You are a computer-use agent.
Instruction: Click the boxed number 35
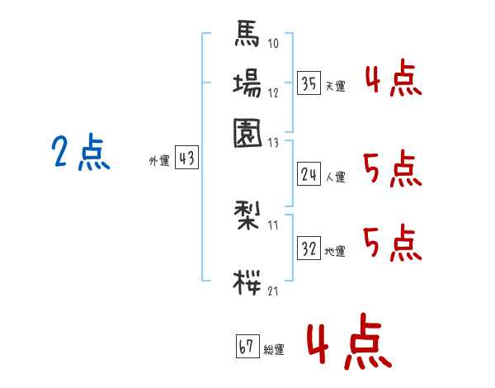pos(309,83)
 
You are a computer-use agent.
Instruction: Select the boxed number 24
pos(309,173)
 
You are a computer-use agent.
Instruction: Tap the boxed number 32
pos(309,248)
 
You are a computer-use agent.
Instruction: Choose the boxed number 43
pos(187,159)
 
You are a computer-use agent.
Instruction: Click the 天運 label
pos(335,86)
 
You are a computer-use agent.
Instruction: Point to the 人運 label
pos(335,177)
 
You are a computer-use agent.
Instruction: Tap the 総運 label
pos(274,349)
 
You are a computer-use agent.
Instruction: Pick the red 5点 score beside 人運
pos(392,170)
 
